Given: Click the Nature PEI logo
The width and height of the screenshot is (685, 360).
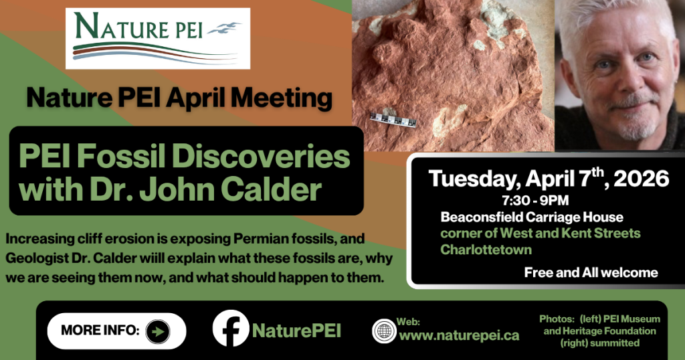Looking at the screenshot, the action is pyautogui.click(x=158, y=38).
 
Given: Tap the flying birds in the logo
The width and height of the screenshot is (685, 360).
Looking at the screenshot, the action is pyautogui.click(x=225, y=28).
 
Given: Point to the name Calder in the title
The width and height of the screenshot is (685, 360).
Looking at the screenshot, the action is pyautogui.click(x=271, y=189).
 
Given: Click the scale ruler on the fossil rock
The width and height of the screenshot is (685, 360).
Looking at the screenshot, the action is pyautogui.click(x=393, y=119).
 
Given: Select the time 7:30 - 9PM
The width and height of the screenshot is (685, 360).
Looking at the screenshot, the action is pyautogui.click(x=535, y=201).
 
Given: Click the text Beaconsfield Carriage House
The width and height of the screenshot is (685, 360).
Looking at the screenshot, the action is pyautogui.click(x=532, y=217).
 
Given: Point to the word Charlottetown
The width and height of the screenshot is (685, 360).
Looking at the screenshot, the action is pyautogui.click(x=486, y=250).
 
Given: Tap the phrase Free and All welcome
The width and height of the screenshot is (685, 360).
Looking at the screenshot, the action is pyautogui.click(x=591, y=272).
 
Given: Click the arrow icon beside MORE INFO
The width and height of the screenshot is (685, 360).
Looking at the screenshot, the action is pyautogui.click(x=158, y=332).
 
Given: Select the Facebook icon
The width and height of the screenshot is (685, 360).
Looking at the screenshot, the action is pyautogui.click(x=231, y=329).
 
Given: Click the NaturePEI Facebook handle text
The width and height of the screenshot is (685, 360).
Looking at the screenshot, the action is pyautogui.click(x=296, y=331).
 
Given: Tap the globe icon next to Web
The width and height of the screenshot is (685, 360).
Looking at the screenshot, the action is pyautogui.click(x=384, y=331).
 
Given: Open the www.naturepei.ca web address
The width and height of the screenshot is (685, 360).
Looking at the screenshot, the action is pyautogui.click(x=459, y=335).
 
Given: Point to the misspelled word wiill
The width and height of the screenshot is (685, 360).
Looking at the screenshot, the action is pyautogui.click(x=152, y=258).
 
